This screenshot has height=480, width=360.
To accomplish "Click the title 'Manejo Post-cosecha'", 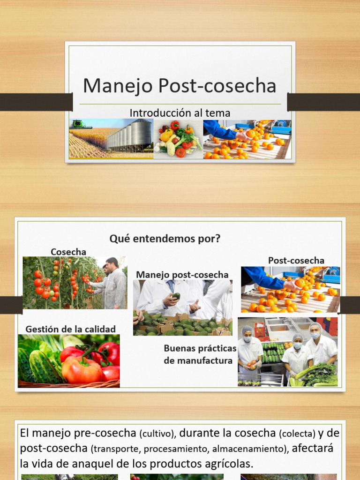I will [180, 86].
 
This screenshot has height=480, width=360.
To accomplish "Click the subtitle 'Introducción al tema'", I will [180, 113].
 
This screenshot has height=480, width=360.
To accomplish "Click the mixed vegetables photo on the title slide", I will [178, 139].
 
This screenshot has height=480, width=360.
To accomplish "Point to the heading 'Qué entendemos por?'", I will [165, 239].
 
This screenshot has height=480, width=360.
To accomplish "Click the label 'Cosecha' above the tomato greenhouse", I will [68, 252].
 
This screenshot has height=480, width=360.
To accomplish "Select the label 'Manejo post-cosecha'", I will [182, 275].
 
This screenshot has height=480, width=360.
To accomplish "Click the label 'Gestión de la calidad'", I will [70, 329].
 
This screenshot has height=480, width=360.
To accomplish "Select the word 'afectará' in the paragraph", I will [313, 448].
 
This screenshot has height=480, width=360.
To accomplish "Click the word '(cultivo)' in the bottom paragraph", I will [158, 434].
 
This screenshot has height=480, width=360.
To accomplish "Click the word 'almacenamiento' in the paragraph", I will [248, 449].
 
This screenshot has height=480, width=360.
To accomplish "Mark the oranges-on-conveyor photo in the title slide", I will [247, 139].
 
